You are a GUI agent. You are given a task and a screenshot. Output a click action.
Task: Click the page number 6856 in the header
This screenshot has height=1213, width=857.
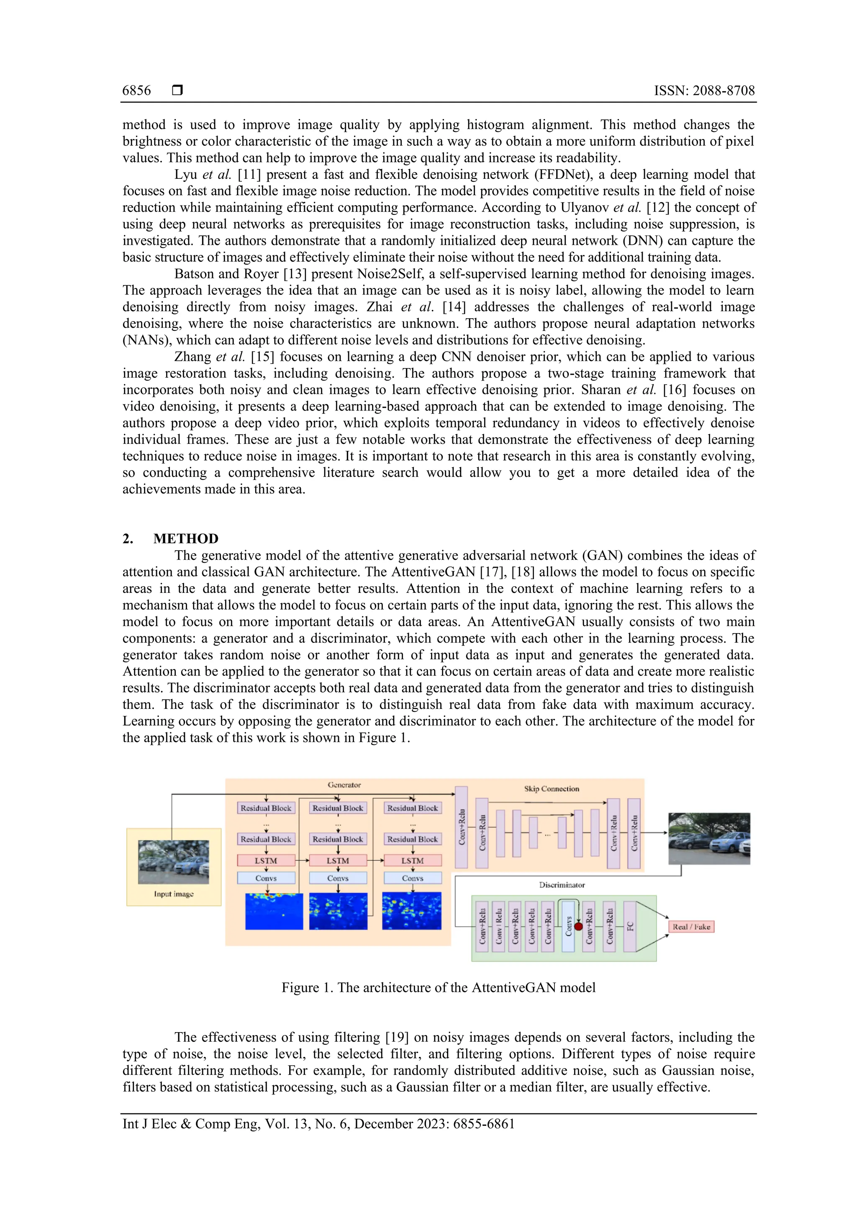click(x=136, y=90)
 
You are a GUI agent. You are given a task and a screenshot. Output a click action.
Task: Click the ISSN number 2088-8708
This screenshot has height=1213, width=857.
click(x=724, y=90)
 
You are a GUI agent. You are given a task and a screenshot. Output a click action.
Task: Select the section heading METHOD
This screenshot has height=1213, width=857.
click(x=185, y=538)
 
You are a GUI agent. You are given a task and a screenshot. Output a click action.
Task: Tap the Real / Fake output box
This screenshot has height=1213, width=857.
click(x=691, y=926)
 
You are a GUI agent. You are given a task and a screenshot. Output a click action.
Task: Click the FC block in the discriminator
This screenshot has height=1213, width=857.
click(x=630, y=926)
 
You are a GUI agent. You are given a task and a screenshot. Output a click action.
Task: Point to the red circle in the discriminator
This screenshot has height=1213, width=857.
click(x=579, y=926)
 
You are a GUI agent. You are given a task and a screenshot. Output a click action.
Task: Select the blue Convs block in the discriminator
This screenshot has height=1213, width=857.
click(x=568, y=926)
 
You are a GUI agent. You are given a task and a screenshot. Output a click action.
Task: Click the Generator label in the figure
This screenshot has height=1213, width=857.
click(x=344, y=785)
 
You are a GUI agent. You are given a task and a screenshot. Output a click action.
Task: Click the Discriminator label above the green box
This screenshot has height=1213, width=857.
click(x=562, y=884)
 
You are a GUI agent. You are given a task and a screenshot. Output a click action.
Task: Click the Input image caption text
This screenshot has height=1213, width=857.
click(x=174, y=894)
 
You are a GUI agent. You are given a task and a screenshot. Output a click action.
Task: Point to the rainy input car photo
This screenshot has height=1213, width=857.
click(x=173, y=862)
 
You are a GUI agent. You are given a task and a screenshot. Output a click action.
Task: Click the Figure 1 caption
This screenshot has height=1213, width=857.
click(x=438, y=987)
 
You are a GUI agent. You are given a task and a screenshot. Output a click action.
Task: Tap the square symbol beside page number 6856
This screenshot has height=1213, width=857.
click(x=177, y=90)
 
